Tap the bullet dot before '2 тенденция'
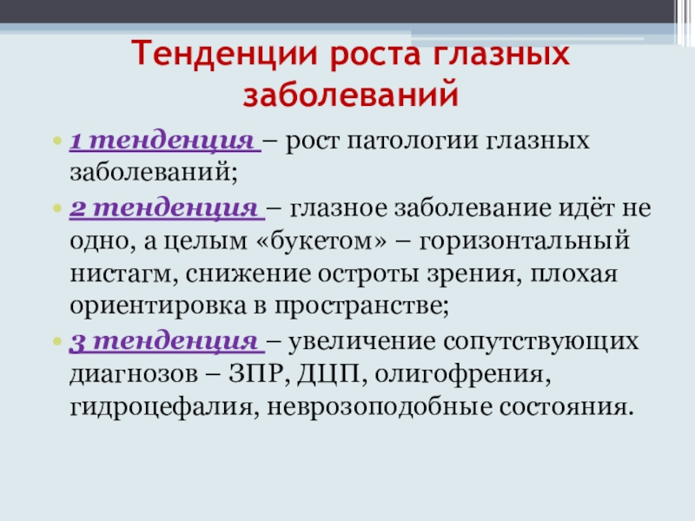57,209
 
